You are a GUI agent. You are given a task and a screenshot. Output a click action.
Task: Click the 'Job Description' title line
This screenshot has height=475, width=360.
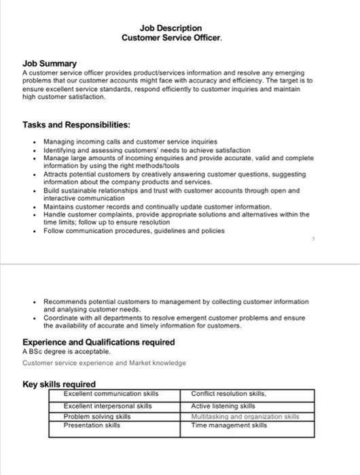(x=170, y=28)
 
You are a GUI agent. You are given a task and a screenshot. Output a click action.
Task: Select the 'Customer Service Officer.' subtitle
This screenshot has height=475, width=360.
(x=171, y=38)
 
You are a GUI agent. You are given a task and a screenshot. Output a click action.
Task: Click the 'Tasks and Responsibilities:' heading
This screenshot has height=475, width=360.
(x=67, y=125)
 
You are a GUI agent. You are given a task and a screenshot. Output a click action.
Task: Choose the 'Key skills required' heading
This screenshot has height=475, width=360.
(x=59, y=384)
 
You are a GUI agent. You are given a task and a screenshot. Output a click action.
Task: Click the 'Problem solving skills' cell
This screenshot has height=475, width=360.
(x=96, y=416)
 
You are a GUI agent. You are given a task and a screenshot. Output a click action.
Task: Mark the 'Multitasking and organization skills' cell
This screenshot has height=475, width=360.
(x=244, y=416)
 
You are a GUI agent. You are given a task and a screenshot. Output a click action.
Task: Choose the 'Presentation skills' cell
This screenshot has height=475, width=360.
(x=92, y=425)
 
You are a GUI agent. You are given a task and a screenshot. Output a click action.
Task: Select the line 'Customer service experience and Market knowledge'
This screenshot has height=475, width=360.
(x=104, y=363)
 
